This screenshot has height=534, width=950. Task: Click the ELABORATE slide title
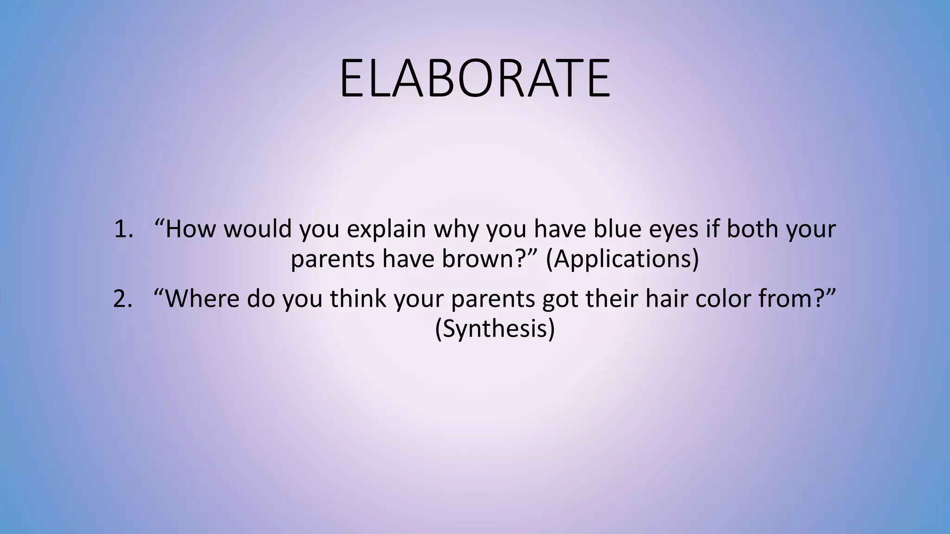[x=475, y=78]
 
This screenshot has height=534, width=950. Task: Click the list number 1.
[x=123, y=229]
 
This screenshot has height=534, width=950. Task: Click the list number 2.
[x=123, y=299]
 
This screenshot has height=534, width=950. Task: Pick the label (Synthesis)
[x=494, y=329]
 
